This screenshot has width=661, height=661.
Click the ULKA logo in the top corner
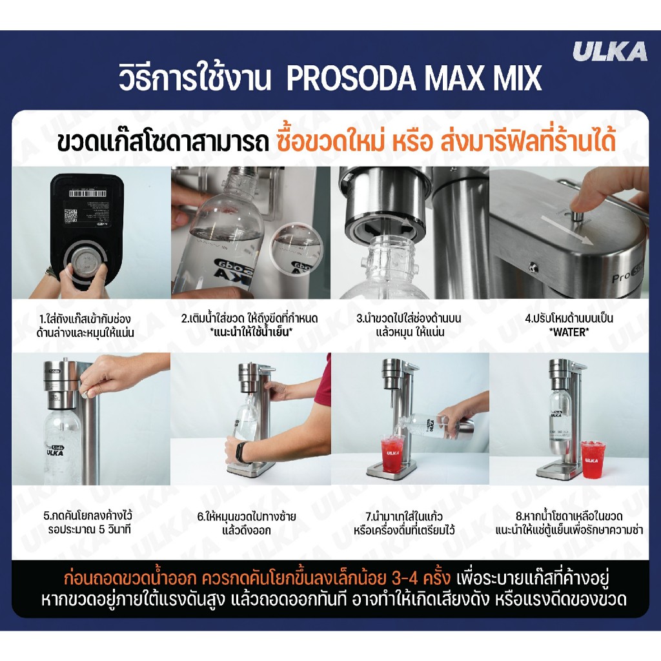pyautogui.click(x=609, y=52)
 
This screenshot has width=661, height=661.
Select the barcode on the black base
pyautogui.click(x=87, y=193)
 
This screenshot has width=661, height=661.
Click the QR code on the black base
pyautogui.click(x=70, y=216)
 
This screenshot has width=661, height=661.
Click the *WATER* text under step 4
pyautogui.click(x=569, y=332)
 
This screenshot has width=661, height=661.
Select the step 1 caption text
pyautogui.click(x=85, y=325)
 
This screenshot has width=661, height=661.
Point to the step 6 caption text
pyautogui.click(x=247, y=523)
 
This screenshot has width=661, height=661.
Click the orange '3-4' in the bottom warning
pyautogui.click(x=404, y=578)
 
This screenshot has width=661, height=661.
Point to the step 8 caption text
pyautogui.click(x=569, y=523)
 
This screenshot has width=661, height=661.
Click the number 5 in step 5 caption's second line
pyautogui.click(x=101, y=529)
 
